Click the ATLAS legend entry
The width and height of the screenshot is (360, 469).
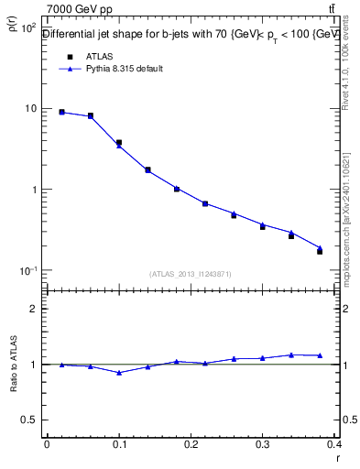[x=98, y=57]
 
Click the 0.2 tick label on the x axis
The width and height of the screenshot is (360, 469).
[x=191, y=444]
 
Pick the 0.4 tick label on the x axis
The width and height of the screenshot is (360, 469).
[x=335, y=444]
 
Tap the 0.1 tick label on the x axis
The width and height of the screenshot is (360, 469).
[x=118, y=444]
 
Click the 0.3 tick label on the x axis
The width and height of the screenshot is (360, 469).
[x=263, y=444]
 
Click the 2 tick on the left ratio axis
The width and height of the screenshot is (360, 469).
[x=34, y=310]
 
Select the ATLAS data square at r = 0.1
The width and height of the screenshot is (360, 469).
[x=119, y=143]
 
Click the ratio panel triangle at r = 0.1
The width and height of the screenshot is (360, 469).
[x=119, y=373]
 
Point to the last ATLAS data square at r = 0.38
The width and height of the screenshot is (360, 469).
[x=320, y=251]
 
